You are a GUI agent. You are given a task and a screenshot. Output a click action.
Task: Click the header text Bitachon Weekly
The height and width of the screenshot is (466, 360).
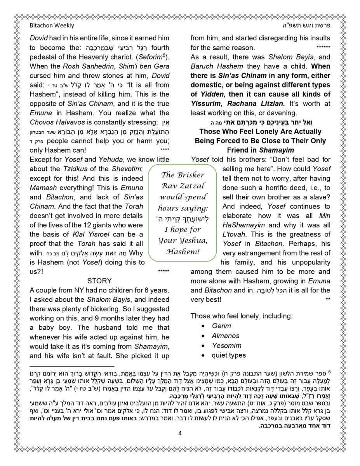pos(52,26)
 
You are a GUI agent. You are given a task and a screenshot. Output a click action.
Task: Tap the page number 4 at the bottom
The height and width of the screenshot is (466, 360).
pos(180,433)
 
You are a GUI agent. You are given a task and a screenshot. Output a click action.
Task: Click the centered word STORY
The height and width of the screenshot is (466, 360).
pos(99,281)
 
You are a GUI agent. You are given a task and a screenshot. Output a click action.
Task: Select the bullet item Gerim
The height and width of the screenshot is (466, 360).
pos(221,326)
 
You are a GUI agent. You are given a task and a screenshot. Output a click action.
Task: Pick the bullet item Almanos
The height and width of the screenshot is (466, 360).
pos(226,336)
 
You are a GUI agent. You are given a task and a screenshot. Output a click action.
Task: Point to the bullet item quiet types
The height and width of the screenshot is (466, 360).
pos(229,355)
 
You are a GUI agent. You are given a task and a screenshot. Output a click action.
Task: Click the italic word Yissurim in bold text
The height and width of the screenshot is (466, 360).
pos(206,104)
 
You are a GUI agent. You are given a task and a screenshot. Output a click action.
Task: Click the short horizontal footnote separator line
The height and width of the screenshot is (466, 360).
pos(72,366)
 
